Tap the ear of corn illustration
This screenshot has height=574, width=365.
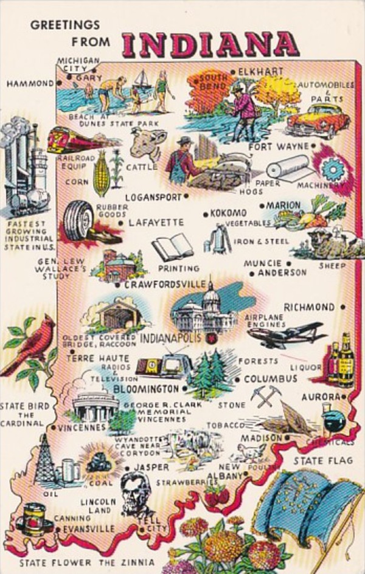[101, 173]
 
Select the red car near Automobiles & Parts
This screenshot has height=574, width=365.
[318, 119]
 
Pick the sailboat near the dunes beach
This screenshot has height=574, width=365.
[142, 80]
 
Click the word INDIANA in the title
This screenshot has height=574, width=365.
[210, 44]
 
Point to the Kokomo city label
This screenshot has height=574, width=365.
[229, 213]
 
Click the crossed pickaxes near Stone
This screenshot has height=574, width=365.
[266, 395]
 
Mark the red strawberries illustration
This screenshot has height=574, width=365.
[216, 495]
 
